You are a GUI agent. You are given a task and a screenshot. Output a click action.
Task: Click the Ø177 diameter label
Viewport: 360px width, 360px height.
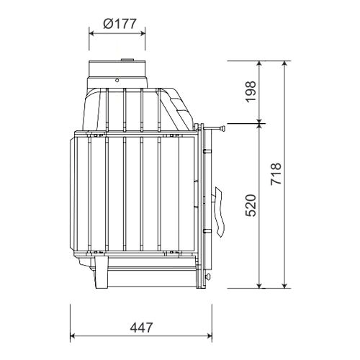tap(120, 24)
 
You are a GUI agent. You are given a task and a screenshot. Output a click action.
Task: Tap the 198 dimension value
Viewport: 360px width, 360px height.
tap(251, 92)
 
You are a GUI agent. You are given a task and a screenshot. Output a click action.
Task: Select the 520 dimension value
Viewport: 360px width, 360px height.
tap(251, 205)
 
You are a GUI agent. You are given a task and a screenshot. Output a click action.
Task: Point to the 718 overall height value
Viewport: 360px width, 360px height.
tap(276, 174)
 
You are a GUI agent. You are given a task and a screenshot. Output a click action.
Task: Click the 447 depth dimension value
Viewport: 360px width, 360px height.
tap(141, 328)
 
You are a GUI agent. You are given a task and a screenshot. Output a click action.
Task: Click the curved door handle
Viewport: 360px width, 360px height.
tap(219, 211)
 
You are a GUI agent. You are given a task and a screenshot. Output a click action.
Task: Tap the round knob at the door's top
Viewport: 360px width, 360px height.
tap(223, 129)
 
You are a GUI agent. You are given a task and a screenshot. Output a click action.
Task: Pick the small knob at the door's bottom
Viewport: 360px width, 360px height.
tap(209, 277)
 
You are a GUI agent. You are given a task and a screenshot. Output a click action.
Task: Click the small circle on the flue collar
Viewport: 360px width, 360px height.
tap(117, 81)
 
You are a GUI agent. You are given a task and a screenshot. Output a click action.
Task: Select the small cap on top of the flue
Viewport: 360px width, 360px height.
tap(127, 60)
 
